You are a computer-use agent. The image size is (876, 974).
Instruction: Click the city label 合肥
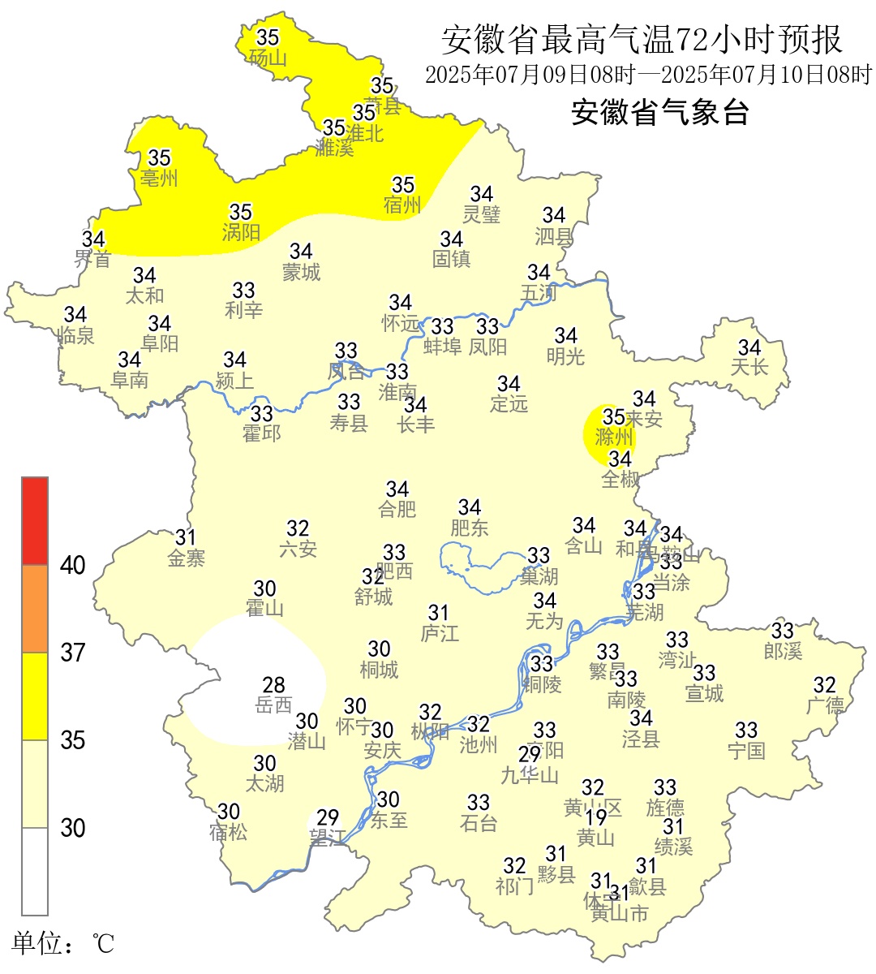[397, 510]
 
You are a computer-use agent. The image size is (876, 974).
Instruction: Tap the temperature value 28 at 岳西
[273, 685]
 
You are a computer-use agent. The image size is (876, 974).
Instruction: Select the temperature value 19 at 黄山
[596, 817]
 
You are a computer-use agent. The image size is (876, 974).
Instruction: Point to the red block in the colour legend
[35, 521]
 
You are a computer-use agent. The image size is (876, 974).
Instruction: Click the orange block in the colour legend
[35, 609]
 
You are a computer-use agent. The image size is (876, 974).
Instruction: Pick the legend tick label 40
[73, 566]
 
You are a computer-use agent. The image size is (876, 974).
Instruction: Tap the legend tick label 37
[73, 653]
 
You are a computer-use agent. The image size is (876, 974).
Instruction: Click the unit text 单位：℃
[63, 943]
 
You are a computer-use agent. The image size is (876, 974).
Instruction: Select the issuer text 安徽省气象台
[659, 112]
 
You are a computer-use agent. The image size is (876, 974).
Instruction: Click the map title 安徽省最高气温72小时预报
[642, 39]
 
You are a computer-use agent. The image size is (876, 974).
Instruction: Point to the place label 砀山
[268, 58]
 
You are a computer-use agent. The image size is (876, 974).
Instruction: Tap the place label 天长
[749, 368]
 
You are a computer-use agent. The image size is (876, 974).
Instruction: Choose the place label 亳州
[159, 178]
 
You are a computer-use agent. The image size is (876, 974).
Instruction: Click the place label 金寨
[187, 558]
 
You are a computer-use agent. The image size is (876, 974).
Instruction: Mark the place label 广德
[825, 706]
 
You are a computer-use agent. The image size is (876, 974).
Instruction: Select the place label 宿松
[228, 833]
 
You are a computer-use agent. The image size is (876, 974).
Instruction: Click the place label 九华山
[530, 776]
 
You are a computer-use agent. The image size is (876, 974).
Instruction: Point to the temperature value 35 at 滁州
[614, 416]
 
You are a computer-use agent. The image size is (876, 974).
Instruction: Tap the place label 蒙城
[301, 272]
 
